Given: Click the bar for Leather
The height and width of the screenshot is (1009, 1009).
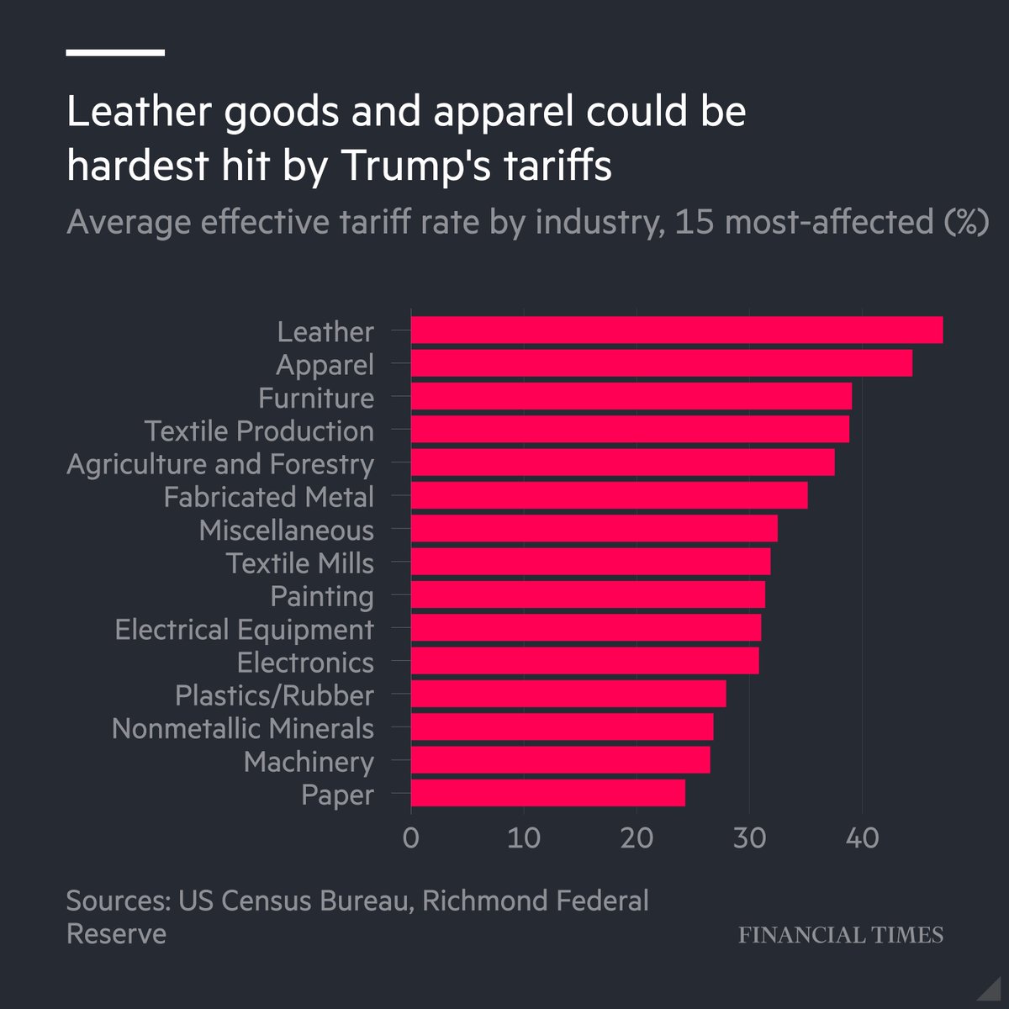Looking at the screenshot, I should tap(677, 330).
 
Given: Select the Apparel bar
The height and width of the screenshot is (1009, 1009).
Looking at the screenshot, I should tap(662, 363).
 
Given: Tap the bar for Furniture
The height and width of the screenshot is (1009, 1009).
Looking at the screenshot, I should tap(631, 396).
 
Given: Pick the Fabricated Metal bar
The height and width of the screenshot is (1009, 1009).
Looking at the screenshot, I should tap(610, 496).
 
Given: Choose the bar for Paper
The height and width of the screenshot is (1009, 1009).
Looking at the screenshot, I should tap(548, 794).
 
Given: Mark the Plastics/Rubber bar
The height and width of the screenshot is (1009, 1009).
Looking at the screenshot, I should tap(568, 695).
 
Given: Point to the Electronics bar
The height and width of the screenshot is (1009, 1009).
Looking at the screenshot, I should tap(585, 661).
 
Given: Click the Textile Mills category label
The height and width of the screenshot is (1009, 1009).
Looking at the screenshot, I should tap(299, 563).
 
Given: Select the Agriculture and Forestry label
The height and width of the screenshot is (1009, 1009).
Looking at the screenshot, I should tap(220, 464).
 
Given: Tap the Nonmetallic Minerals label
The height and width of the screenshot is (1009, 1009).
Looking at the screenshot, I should tap(243, 728).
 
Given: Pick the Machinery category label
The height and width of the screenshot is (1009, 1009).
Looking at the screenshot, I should tap(309, 762).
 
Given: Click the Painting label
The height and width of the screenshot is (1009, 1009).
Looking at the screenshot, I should tap(322, 596).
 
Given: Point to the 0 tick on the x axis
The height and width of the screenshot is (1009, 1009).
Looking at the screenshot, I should tap(411, 838).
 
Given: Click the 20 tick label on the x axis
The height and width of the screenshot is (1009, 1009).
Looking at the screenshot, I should tap(637, 838).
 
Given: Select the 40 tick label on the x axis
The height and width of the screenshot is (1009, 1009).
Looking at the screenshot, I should tap(862, 838).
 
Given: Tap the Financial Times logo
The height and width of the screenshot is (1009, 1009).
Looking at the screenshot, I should tap(841, 935).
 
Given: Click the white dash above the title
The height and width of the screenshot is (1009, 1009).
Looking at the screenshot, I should tap(115, 53).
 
